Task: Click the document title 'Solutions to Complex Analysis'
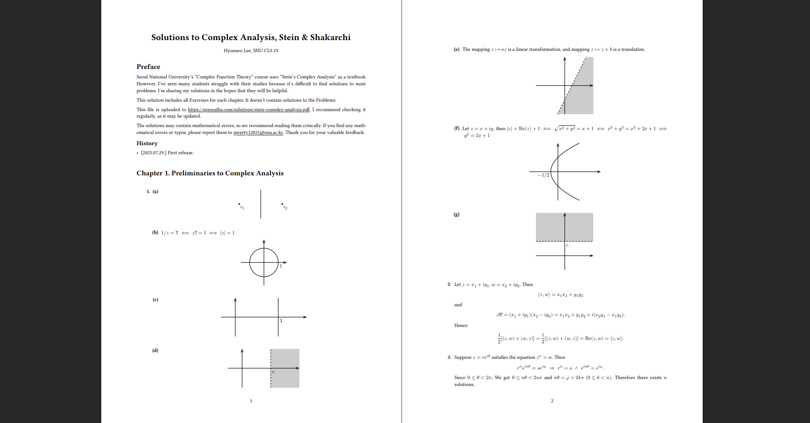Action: point(251,37)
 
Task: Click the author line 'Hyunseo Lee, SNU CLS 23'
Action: point(251,50)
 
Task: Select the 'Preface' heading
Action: point(148,67)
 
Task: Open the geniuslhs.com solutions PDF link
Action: point(249,109)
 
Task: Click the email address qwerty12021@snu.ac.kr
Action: point(258,133)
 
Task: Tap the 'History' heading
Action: point(147,143)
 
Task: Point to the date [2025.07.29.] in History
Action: point(153,153)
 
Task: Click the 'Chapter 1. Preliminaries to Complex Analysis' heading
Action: point(210,173)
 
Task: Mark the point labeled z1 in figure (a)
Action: point(239,204)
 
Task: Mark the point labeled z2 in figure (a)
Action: point(282,204)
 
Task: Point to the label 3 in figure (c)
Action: point(280,320)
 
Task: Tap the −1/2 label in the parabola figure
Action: point(543,175)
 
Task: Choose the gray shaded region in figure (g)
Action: point(551,227)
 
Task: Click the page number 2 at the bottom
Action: point(552,401)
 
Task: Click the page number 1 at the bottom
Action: point(251,401)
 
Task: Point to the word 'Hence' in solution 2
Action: point(461,326)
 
